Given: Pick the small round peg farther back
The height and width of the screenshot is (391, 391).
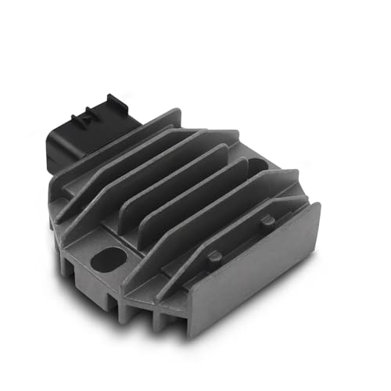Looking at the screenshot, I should tap(268, 221).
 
